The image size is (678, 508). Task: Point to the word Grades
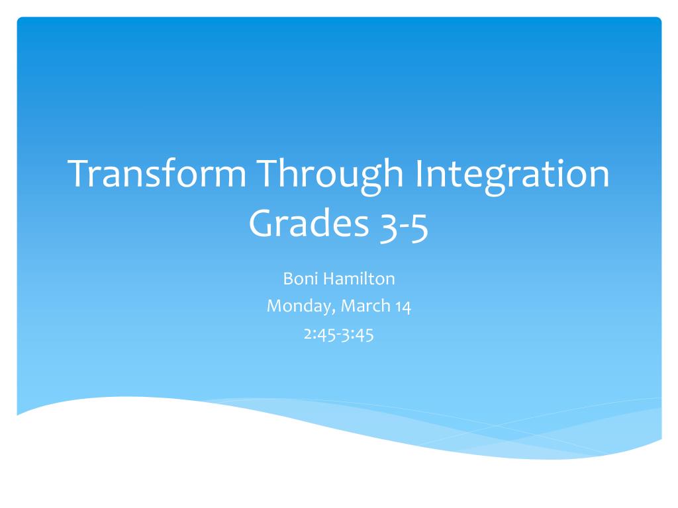click(308, 224)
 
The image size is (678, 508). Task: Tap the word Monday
click(294, 307)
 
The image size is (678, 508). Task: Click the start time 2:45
click(319, 335)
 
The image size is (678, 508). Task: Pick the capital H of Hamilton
click(329, 279)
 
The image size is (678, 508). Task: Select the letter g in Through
click(371, 179)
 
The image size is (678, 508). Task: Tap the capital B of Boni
click(288, 279)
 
